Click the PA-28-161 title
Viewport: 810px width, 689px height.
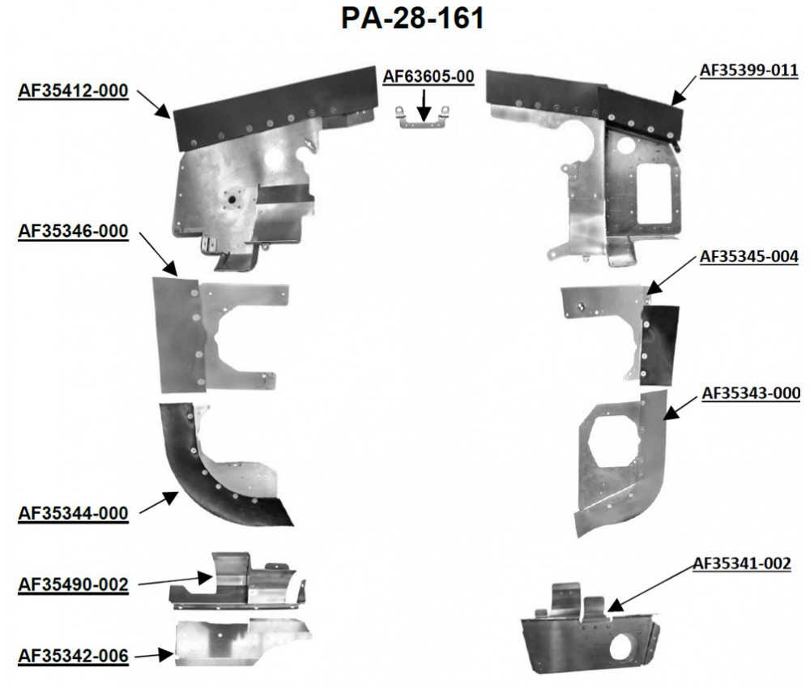click(x=413, y=18)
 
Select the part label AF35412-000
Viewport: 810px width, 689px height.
click(x=74, y=91)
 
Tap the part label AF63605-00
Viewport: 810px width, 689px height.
click(x=428, y=76)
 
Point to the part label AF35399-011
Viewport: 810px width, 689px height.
click(x=749, y=71)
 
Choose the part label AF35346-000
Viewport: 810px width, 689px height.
click(x=74, y=231)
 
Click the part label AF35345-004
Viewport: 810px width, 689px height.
click(x=749, y=256)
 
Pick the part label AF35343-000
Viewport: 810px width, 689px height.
click(x=751, y=393)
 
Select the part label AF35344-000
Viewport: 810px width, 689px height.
click(x=74, y=514)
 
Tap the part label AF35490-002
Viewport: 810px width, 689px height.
click(x=74, y=584)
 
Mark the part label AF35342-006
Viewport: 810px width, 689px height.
click(x=74, y=656)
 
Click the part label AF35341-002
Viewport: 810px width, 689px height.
click(x=742, y=563)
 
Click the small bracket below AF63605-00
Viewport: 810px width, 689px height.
click(x=422, y=117)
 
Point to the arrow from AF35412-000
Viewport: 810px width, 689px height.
click(x=154, y=105)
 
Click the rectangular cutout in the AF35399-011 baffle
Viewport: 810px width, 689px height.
click(x=658, y=192)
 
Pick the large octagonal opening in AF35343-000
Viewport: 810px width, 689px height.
click(x=615, y=439)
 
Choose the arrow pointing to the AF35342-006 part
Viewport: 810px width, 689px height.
click(x=155, y=656)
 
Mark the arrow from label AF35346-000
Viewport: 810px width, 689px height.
click(x=158, y=254)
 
